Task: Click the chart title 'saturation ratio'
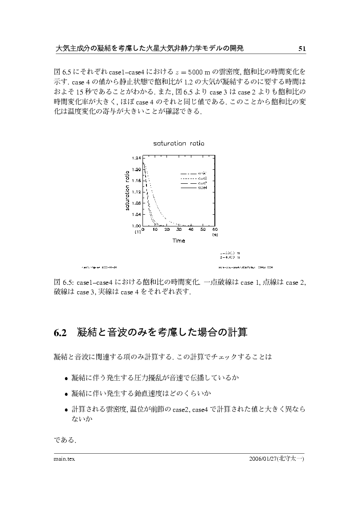pos(179,143)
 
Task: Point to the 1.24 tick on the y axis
pos(136,158)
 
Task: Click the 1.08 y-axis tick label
pos(136,203)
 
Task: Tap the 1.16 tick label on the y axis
pos(136,180)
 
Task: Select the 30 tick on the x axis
pos(179,229)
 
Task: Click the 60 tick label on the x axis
pos(215,229)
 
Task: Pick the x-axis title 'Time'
pos(179,240)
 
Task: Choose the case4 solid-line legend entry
pos(194,188)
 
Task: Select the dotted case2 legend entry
pos(194,179)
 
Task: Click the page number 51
pos(302,49)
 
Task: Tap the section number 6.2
pos(60,334)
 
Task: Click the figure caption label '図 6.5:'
pos(62,283)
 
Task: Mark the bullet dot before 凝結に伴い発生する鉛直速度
pos(66,394)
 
